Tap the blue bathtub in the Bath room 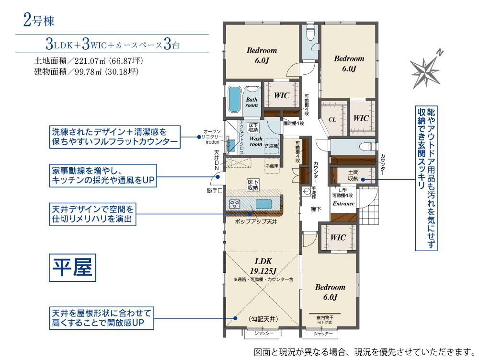click(234, 100)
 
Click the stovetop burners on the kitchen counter click(235, 204)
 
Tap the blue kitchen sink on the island click(263, 204)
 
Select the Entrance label click(343, 204)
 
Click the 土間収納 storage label click(354, 175)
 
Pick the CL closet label click(331, 119)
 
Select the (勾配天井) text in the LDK click(262, 319)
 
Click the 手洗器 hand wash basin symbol click(307, 191)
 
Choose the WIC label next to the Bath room click(282, 95)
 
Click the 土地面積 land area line click(89, 61)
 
